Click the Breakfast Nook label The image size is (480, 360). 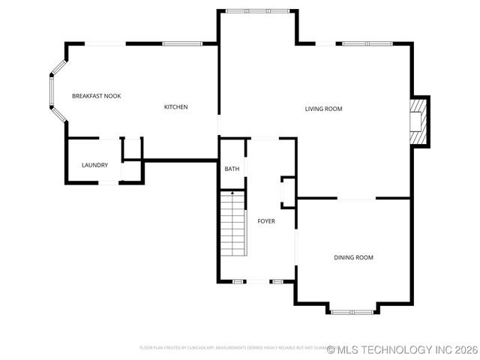coord(96,96)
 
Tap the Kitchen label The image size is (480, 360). coord(175,107)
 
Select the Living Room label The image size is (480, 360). coord(323,109)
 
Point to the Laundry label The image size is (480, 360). coord(94,165)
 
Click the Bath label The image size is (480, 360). coord(232,169)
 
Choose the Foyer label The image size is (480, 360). coord(266,220)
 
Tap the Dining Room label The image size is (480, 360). coord(353,258)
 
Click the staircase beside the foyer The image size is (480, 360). coord(233,224)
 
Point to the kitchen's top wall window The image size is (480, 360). coord(182,43)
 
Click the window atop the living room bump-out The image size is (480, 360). coord(257,10)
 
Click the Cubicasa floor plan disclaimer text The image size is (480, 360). coord(232,348)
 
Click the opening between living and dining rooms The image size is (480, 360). coord(355,199)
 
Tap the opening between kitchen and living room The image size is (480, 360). coord(219,124)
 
